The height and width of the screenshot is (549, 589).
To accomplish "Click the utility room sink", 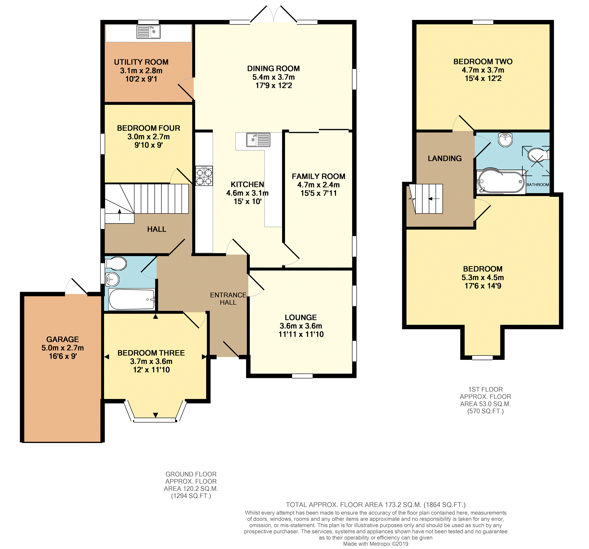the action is (x=148, y=31).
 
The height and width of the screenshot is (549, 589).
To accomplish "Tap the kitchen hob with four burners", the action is (x=204, y=176).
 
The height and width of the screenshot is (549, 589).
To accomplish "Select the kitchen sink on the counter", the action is (x=258, y=140).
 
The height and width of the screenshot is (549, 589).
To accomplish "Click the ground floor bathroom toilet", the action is (x=116, y=263).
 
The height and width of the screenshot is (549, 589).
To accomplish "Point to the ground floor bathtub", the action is (x=131, y=300).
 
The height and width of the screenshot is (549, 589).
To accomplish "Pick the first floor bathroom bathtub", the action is (x=501, y=181).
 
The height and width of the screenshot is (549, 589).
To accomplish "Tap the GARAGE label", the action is (x=63, y=339).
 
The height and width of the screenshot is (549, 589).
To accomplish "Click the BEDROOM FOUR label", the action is (x=148, y=128).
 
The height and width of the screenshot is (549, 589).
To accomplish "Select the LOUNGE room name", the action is (x=301, y=317).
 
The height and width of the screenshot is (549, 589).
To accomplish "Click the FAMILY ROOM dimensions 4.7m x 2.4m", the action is (x=318, y=184).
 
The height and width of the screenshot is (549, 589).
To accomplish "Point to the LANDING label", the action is (x=444, y=159).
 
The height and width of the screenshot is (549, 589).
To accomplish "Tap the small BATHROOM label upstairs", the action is (x=538, y=184).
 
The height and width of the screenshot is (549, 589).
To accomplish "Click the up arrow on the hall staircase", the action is (x=120, y=214).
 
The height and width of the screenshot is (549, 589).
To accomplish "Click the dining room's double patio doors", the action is (x=273, y=14).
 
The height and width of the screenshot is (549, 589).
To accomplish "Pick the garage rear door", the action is (x=76, y=286).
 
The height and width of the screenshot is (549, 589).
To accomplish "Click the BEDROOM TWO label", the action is (x=483, y=62).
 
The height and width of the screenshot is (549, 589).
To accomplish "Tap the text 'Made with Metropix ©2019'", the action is (x=376, y=544).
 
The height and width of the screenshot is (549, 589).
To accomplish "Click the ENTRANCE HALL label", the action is (x=228, y=298).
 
